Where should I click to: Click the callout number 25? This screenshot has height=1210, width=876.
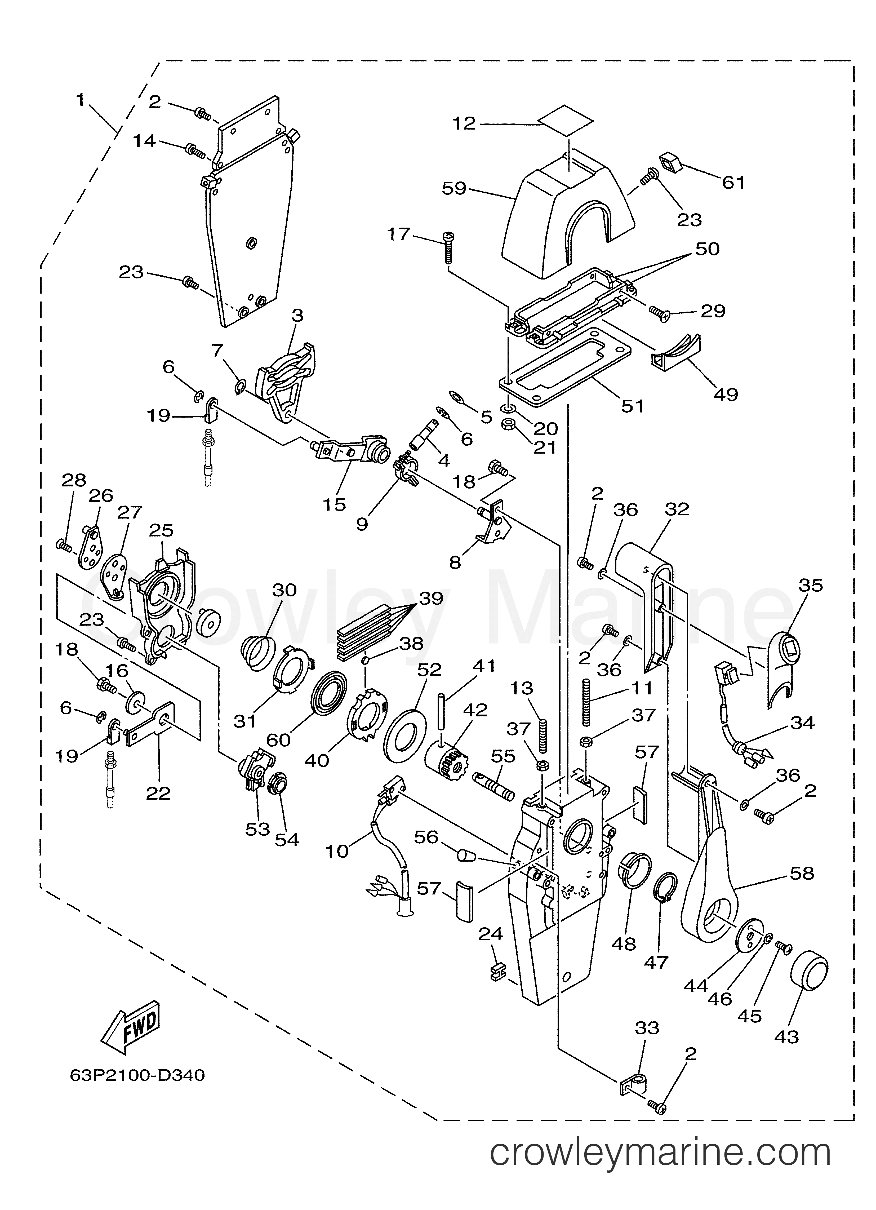tap(161, 530)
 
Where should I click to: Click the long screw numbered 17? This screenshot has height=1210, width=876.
tap(447, 248)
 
